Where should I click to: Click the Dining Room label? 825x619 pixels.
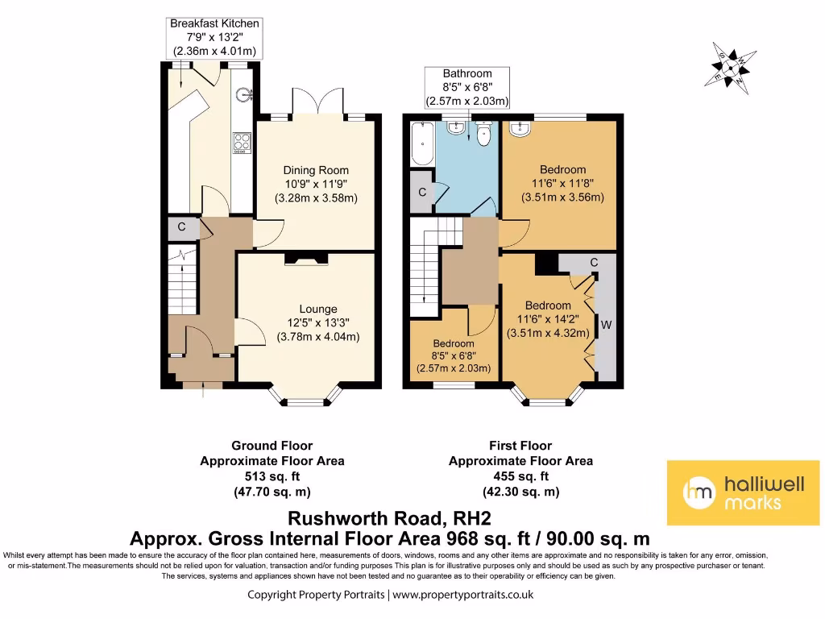click(316, 170)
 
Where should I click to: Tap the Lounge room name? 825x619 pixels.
click(318, 309)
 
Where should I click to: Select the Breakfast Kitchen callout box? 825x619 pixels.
click(214, 38)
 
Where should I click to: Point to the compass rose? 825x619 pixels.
click(730, 68)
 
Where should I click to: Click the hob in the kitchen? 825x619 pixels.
click(242, 142)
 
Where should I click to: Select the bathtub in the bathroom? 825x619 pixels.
click(422, 143)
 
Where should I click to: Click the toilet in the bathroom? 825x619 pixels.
click(483, 133)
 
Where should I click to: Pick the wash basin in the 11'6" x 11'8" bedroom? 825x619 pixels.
click(520, 128)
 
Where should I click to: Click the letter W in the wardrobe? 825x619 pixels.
click(606, 325)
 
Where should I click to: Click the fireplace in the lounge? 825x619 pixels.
click(306, 259)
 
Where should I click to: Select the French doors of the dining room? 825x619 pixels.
click(317, 102)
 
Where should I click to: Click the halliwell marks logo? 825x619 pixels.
click(743, 492)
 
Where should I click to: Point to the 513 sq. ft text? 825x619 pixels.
click(272, 476)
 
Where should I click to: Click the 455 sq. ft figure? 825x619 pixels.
click(521, 476)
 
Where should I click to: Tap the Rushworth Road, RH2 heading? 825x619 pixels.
click(389, 518)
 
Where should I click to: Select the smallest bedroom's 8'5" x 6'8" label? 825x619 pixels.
click(454, 355)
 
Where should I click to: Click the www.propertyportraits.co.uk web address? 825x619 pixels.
click(463, 595)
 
